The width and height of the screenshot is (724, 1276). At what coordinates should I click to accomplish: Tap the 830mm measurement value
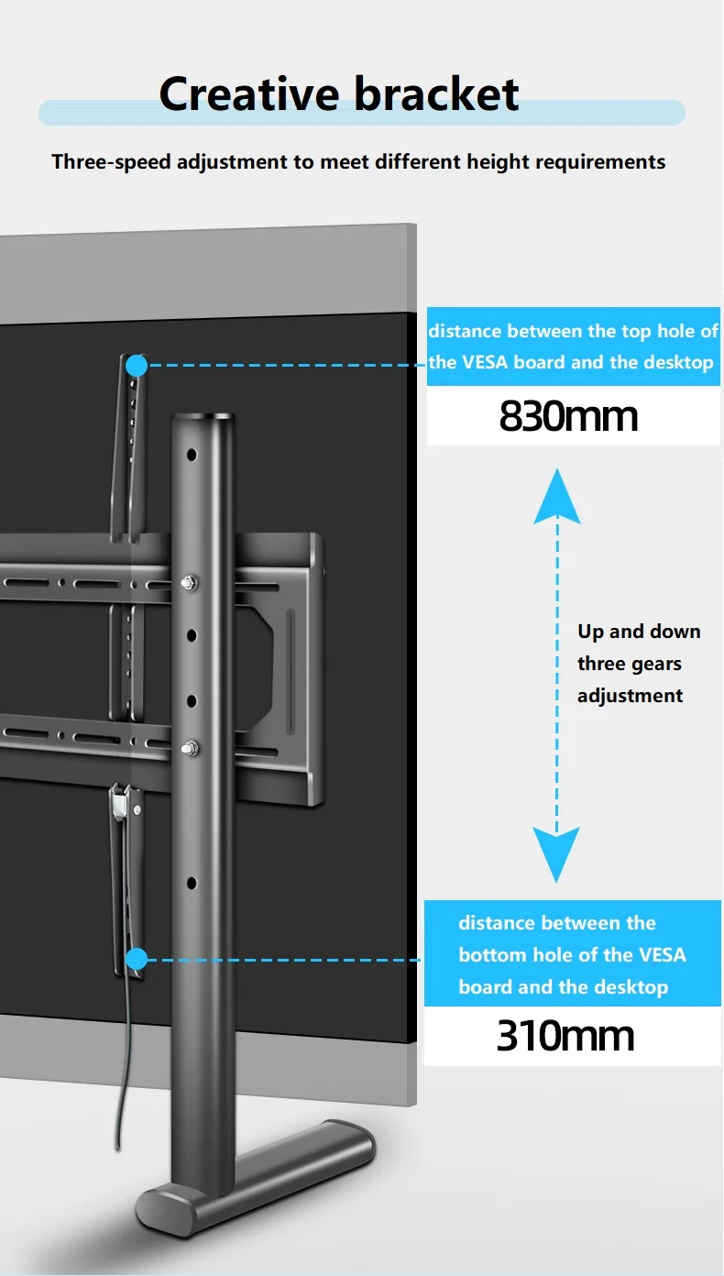[568, 416]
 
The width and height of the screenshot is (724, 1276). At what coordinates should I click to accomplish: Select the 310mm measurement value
[565, 1036]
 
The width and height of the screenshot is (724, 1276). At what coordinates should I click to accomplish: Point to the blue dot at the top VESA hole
[137, 366]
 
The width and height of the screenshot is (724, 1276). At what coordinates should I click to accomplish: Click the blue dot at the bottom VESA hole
[137, 960]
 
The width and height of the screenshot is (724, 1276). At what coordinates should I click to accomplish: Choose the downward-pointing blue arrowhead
[557, 854]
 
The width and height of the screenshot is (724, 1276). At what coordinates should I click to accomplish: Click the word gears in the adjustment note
[654, 664]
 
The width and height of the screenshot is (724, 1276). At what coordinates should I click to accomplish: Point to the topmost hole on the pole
[192, 455]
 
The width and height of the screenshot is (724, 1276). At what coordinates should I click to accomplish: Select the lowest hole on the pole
[192, 883]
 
